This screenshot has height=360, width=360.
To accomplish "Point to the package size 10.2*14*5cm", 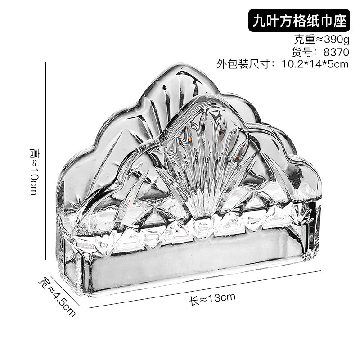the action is (x=315, y=64).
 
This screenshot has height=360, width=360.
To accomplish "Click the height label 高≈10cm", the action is (x=34, y=171).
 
